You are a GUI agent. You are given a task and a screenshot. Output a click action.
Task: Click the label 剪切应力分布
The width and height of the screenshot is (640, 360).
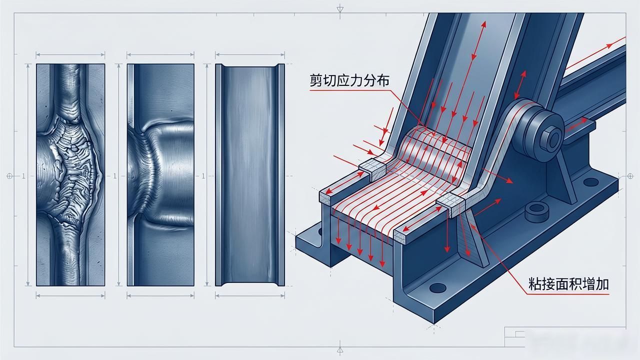point(349,80)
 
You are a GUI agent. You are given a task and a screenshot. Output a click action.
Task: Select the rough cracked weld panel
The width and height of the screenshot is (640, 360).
point(70,175)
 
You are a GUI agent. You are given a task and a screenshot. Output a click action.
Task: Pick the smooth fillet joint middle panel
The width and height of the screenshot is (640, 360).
point(160,175)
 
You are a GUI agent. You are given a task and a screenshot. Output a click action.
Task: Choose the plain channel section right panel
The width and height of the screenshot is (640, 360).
point(250,175)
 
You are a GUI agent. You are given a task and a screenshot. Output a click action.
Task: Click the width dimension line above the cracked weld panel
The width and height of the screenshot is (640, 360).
point(70,54)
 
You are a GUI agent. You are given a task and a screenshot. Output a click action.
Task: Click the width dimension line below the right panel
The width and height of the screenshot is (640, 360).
point(250,295)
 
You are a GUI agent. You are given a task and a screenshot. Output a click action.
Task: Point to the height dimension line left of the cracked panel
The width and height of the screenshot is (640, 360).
point(27,175)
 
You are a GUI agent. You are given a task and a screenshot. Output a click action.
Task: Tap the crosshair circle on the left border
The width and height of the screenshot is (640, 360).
point(9,176)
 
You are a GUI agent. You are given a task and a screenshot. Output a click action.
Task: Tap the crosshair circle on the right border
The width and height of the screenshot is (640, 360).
point(630,176)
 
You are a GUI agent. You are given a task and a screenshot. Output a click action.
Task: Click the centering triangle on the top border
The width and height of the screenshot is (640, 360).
point(339,9)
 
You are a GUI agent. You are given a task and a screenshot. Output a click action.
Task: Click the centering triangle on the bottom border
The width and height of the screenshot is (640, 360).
point(339,349)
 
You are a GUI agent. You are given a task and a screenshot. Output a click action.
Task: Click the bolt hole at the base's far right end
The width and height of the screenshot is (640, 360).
point(591,182)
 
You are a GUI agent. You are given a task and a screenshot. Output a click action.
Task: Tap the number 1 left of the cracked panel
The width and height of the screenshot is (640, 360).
point(23,176)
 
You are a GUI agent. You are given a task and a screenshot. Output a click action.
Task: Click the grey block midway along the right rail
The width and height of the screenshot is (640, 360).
point(451,204)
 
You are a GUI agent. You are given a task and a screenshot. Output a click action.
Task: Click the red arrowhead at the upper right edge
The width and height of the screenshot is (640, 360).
point(609,45)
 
